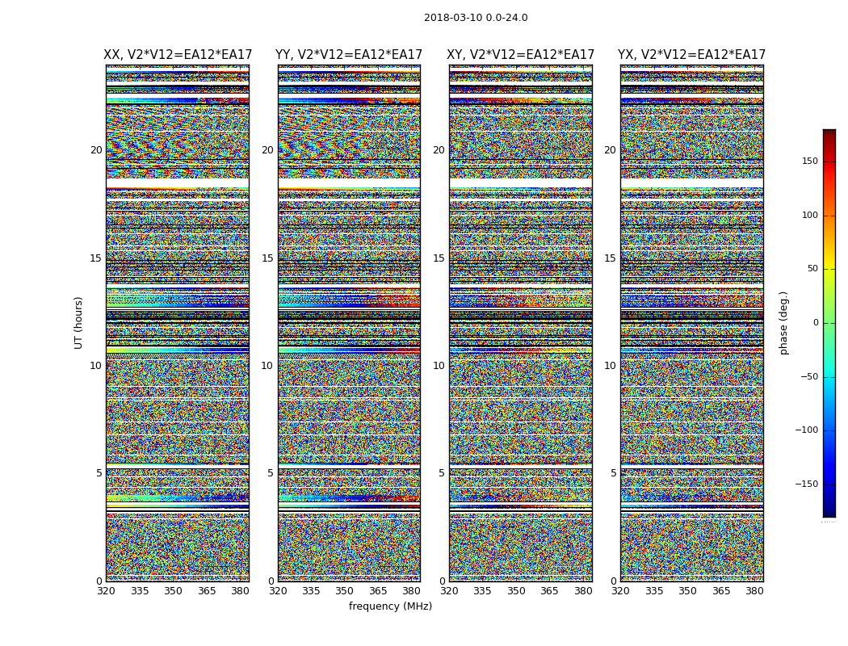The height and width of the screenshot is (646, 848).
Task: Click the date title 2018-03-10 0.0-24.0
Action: click(x=476, y=18)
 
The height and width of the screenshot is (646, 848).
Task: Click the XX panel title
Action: click(x=178, y=55)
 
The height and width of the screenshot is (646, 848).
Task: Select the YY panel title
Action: click(x=349, y=55)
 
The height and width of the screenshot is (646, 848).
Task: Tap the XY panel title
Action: click(x=521, y=55)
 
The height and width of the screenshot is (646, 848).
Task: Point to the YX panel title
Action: click(x=692, y=55)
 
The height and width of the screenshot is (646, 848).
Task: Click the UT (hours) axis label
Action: click(x=79, y=322)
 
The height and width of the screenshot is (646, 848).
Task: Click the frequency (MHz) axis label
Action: click(x=390, y=606)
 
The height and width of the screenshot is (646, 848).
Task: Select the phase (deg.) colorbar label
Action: click(x=784, y=322)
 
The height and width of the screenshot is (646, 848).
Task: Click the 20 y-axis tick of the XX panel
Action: click(x=96, y=150)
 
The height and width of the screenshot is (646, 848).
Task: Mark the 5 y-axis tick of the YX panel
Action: click(x=613, y=473)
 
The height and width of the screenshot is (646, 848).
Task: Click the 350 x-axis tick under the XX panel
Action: click(x=173, y=591)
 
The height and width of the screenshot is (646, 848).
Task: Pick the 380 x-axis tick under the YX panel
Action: click(x=754, y=591)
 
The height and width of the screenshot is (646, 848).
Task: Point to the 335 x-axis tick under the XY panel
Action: click(x=482, y=591)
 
